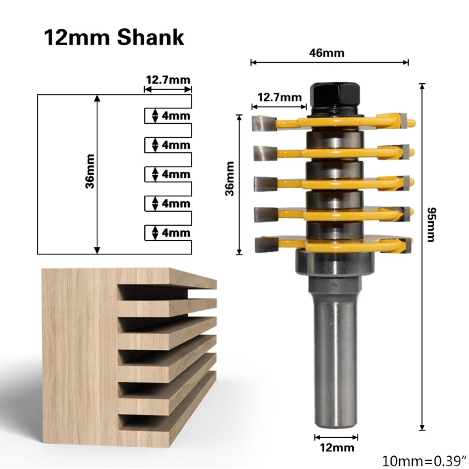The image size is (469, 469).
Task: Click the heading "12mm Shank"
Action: (x=114, y=38)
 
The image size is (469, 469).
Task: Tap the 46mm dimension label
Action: (x=327, y=53)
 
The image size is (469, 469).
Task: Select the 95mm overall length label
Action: (x=431, y=225)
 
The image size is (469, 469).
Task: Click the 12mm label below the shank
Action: (x=337, y=447)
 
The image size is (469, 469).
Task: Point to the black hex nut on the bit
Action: (x=335, y=97)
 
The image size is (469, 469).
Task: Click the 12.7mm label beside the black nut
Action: (x=280, y=97)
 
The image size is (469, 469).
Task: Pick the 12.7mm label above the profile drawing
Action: (x=168, y=80)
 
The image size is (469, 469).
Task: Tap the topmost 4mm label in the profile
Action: (x=176, y=115)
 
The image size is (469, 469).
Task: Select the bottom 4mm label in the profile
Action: (x=176, y=233)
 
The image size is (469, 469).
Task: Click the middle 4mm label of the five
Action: (x=176, y=174)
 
